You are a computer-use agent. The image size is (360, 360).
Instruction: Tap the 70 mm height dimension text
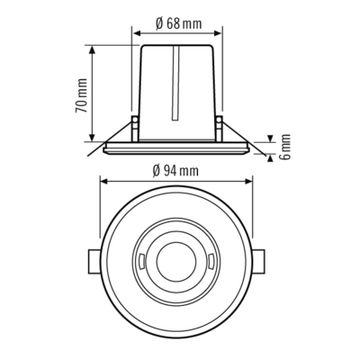click(80, 94)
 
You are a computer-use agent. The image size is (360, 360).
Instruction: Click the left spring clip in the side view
click(134, 124)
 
